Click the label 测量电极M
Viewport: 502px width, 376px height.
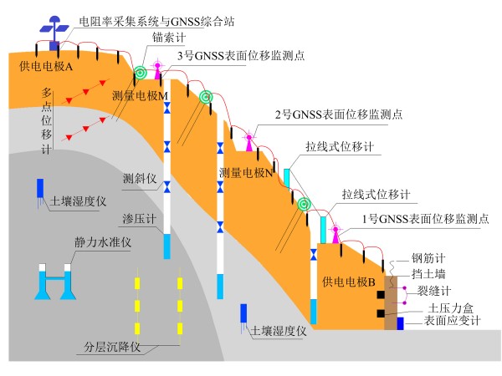point(140,96)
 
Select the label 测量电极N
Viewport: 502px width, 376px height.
point(247,173)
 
